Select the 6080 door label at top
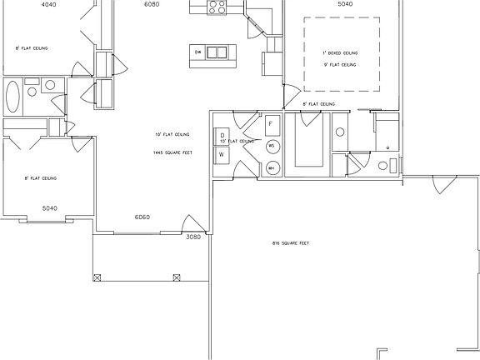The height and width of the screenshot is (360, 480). [x=151, y=4]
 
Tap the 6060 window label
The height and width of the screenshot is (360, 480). [x=142, y=217]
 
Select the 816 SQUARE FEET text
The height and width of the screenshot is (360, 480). [x=291, y=243]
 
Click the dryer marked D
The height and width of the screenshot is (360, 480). [x=222, y=135]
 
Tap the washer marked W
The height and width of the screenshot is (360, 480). [x=222, y=154]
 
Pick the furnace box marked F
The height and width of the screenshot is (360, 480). [x=272, y=124]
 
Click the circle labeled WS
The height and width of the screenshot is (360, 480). [x=272, y=146]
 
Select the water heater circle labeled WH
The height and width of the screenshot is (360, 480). [x=272, y=168]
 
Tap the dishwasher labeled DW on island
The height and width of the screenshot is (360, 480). [x=198, y=52]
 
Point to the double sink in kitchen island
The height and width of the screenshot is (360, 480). [x=217, y=52]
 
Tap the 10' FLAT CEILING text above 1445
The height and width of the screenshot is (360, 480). [x=171, y=134]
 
